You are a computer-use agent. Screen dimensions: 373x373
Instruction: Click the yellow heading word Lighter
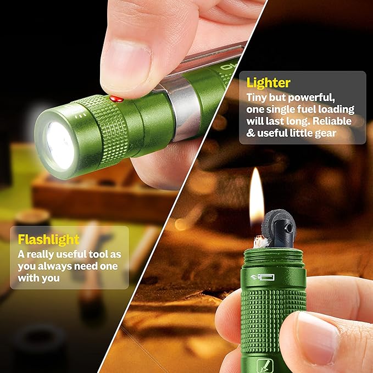point(269,83)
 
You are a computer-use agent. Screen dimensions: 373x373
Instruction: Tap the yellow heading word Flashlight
point(49,239)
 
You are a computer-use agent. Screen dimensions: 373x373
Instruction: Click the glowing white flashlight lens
point(60,144)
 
